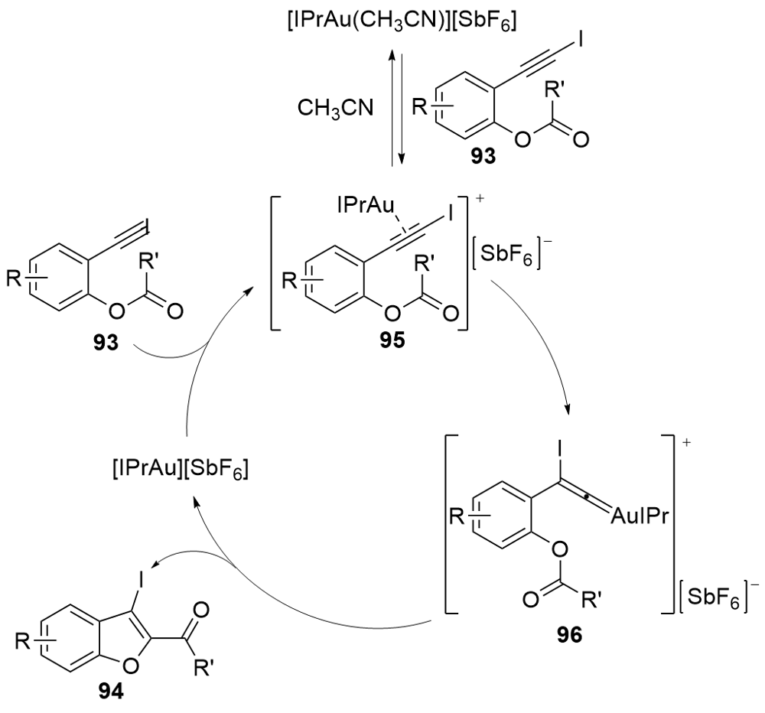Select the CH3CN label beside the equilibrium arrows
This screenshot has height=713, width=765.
click(336, 108)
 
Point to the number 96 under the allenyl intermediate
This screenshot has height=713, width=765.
click(569, 636)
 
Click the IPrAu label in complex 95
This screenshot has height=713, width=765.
click(366, 206)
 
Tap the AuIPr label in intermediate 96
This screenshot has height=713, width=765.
click(639, 516)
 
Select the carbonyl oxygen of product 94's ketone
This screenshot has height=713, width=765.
click(200, 610)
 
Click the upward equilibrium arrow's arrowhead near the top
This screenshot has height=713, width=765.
click(392, 54)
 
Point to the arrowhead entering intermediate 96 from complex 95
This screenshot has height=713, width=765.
click(567, 409)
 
